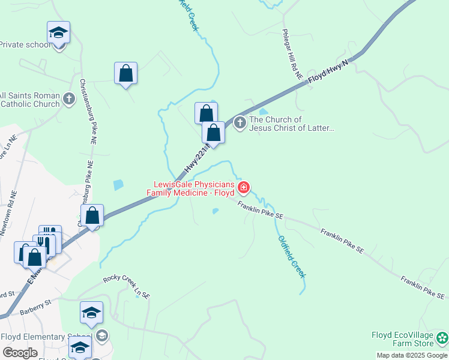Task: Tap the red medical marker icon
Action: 244,188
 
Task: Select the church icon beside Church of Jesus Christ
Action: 240,123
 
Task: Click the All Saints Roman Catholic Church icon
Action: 70,98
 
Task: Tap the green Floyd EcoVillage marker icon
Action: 442,338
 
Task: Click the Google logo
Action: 20,352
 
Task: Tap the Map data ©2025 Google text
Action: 412,355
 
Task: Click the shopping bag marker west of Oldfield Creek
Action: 126,73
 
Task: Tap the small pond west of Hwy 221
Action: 118,185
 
